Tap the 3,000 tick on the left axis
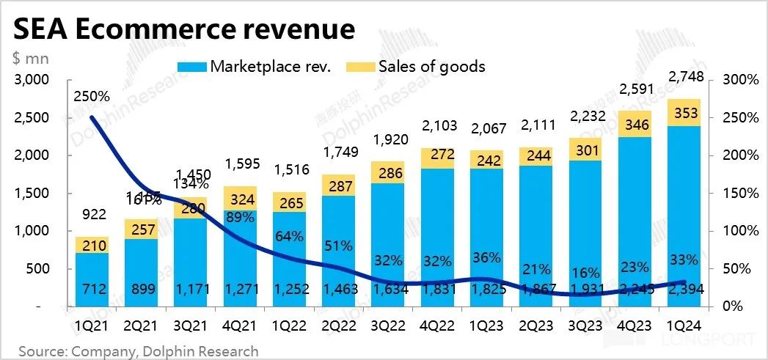[31, 80]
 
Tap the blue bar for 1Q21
[91, 279]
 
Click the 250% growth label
[91, 96]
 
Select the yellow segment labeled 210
[91, 244]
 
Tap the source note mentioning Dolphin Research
[139, 351]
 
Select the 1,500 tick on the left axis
[31, 194]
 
